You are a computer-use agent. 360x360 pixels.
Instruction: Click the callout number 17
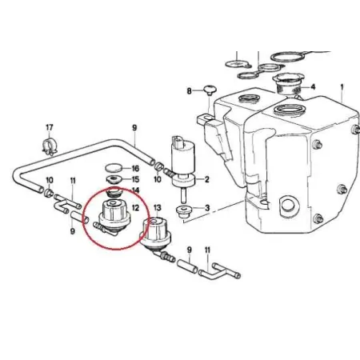(50, 127)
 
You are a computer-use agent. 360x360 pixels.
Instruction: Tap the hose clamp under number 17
(50, 146)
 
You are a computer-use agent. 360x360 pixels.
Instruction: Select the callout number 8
(189, 91)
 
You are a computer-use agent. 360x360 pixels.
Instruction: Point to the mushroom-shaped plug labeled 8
(210, 90)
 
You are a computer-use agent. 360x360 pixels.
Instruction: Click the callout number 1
(342, 87)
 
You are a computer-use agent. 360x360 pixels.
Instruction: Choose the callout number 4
(313, 87)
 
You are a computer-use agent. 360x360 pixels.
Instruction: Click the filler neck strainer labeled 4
(287, 84)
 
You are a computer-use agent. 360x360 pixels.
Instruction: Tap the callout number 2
(206, 179)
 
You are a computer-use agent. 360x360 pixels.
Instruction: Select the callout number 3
(207, 208)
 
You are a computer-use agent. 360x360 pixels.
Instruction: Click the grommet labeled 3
(184, 210)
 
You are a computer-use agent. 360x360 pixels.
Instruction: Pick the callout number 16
(135, 169)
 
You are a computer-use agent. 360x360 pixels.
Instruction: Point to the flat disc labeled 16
(114, 168)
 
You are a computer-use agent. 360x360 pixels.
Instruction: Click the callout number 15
(135, 179)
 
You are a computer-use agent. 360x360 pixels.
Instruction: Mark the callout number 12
(135, 207)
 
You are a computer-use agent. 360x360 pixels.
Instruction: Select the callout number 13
(158, 207)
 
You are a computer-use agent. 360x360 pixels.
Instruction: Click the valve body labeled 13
(155, 233)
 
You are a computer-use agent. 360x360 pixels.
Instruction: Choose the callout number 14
(135, 190)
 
